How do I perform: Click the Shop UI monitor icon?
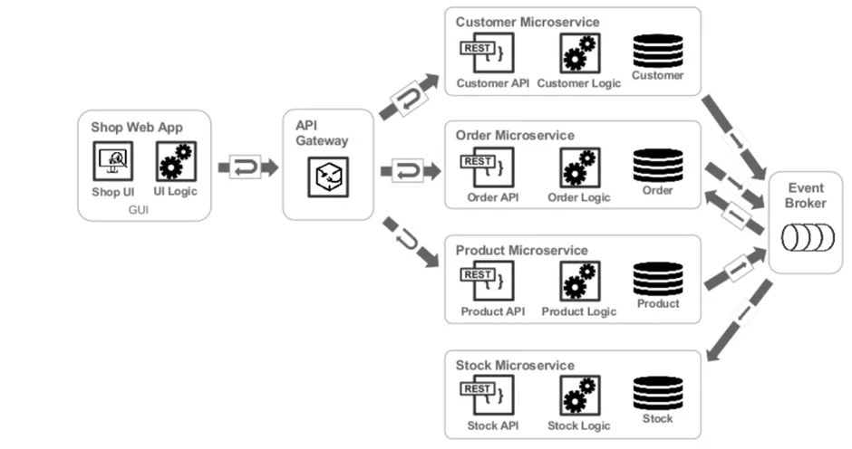113,162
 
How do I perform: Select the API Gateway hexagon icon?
327,177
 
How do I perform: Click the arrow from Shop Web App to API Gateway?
247,167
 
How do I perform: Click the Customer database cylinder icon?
658,50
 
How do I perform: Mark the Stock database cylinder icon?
658,394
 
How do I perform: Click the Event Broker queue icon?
806,239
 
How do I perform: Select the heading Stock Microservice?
515,365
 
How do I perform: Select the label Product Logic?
578,311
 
